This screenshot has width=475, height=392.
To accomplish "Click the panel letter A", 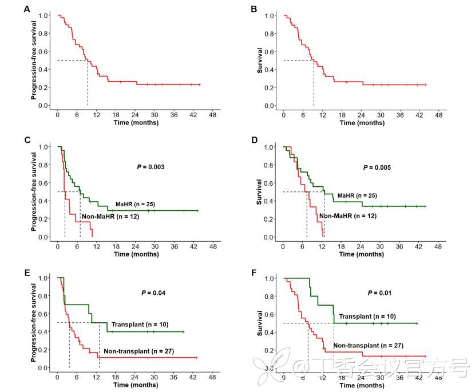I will [27, 9].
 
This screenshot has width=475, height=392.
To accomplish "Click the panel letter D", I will [255, 140].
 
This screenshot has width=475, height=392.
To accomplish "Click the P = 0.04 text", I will [153, 293].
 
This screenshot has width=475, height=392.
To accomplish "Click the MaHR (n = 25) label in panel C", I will [135, 204].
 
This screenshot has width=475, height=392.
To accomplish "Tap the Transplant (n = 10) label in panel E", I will [139, 324].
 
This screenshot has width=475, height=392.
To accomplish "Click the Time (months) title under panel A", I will [136, 122].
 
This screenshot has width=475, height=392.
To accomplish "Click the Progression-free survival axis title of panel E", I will [34, 323].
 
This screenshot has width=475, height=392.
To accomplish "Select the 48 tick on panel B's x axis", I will [440, 115].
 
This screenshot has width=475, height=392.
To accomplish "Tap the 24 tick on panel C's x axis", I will [135, 246].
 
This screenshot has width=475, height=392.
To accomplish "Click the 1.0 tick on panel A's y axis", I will [43, 15].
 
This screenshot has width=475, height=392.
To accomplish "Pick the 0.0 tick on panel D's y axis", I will [270, 237].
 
